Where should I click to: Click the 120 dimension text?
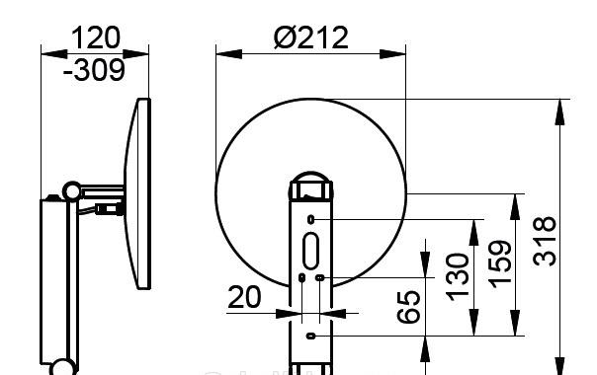96,37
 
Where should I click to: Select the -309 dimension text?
94,70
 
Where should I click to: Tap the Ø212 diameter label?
310,37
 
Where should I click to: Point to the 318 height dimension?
544,241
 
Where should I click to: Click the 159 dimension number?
500,264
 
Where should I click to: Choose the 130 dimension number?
458,277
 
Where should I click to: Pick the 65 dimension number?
408,307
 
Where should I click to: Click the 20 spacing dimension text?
244,297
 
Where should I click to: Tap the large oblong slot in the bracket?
310,251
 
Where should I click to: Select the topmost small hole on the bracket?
310,219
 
